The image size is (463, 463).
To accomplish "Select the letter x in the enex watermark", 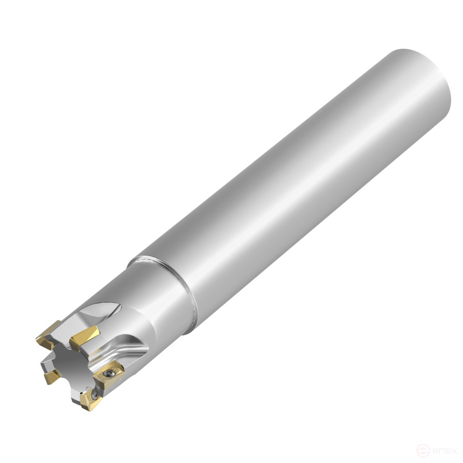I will tap(455, 451).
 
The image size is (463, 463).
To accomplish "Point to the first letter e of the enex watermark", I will tap(433, 451).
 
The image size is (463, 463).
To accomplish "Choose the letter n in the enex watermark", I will tap(441, 451).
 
